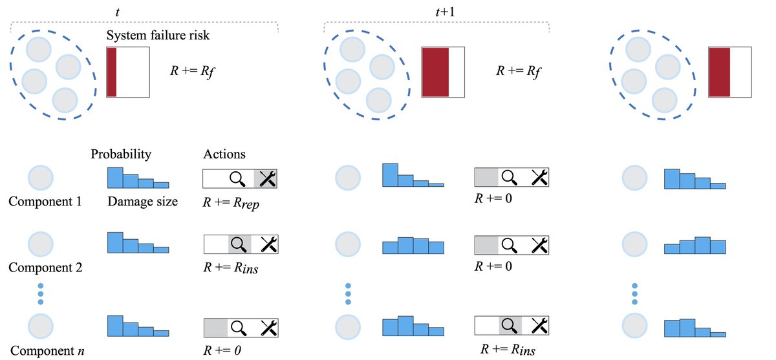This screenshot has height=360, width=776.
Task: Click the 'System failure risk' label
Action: [x=158, y=36]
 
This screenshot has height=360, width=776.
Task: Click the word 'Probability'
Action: [x=121, y=154]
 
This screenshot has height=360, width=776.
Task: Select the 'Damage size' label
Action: [x=142, y=202]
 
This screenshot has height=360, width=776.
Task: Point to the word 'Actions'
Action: [x=224, y=154]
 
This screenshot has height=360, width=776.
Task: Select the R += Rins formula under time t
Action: [x=231, y=268]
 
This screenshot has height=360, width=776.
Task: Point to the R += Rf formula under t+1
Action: [x=518, y=70]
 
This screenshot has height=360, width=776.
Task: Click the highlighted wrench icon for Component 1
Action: [x=267, y=178]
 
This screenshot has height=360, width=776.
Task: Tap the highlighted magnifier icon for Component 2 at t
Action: [x=239, y=244]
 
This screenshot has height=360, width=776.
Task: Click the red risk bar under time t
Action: [x=112, y=72]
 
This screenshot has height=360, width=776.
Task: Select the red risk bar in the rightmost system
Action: [x=719, y=72]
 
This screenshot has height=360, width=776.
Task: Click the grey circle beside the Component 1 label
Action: [x=40, y=178]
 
